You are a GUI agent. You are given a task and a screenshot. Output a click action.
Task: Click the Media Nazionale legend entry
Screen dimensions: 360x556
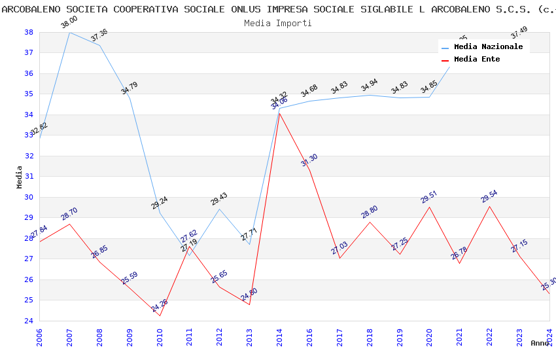(488, 47)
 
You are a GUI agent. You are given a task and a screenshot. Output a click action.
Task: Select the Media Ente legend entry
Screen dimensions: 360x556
(476, 60)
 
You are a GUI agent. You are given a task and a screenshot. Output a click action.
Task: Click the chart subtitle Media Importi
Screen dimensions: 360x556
(278, 23)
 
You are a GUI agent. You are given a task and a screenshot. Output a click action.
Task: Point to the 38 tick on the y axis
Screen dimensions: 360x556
(29, 32)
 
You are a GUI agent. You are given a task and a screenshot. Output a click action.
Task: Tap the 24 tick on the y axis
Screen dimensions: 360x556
(29, 321)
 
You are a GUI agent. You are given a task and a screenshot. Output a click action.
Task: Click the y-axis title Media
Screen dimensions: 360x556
(20, 177)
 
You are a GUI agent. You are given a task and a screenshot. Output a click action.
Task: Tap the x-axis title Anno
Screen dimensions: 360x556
(540, 343)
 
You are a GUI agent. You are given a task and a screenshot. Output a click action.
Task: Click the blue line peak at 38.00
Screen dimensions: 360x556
(69, 32)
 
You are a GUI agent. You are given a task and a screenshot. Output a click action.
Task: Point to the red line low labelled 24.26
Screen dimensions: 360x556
(160, 315)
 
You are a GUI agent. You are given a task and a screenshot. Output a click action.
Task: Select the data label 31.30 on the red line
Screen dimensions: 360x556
(309, 160)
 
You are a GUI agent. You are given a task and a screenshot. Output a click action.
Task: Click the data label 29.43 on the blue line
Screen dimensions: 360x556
(219, 199)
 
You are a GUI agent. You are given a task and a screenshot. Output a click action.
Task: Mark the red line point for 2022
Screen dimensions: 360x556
(489, 207)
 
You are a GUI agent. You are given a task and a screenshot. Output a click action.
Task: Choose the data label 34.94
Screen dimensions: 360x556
(369, 85)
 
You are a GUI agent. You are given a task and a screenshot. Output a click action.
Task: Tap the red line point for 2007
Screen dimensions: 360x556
(69, 224)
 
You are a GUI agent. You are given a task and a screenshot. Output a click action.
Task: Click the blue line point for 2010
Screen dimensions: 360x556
(160, 213)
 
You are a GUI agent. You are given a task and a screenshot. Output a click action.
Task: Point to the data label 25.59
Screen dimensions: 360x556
(130, 278)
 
